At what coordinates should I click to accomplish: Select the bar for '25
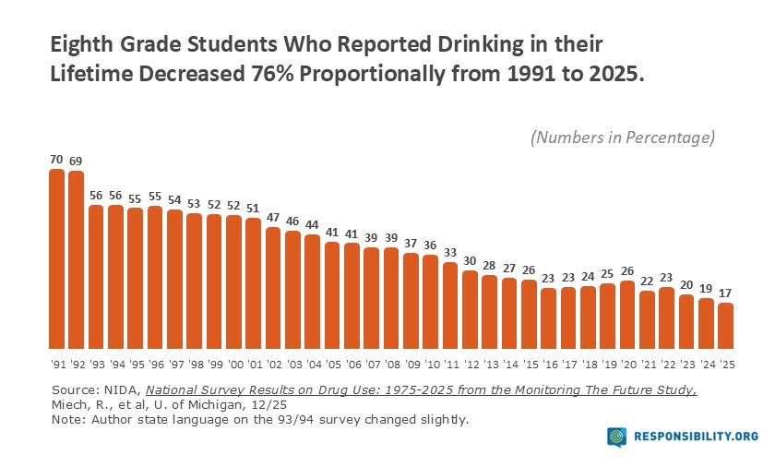pyautogui.click(x=726, y=322)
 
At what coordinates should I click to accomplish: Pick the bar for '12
pyautogui.click(x=471, y=305)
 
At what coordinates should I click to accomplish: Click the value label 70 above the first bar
pyautogui.click(x=56, y=159)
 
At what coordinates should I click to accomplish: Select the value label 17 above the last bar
pyautogui.click(x=726, y=293)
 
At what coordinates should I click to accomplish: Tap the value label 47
pyautogui.click(x=273, y=217)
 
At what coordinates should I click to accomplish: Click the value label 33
pyautogui.click(x=450, y=252)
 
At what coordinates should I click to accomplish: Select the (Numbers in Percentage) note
pyautogui.click(x=623, y=138)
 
